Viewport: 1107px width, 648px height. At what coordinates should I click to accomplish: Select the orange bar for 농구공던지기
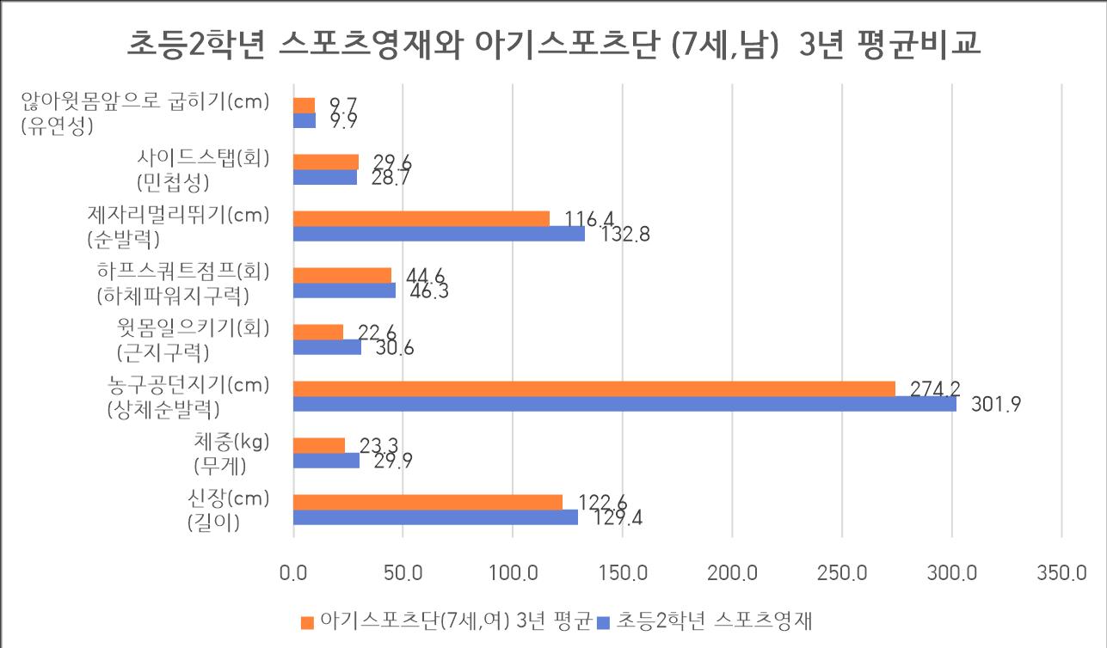(x=593, y=388)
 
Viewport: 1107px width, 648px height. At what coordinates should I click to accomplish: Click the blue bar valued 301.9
(x=624, y=404)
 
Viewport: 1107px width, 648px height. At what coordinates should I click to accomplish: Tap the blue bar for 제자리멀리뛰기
(x=439, y=234)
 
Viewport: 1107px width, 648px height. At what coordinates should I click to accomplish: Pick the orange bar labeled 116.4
(x=421, y=218)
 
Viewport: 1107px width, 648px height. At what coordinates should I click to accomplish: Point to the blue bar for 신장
(x=435, y=517)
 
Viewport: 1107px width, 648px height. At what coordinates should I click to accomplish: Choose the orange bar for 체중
(x=319, y=445)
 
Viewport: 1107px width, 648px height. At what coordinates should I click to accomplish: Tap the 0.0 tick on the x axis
(x=293, y=572)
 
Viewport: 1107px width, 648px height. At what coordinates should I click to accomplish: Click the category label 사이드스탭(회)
(x=203, y=158)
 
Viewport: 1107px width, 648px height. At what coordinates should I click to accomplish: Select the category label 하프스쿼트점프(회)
(x=182, y=272)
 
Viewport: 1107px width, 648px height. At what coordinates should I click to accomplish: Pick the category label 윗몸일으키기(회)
(x=193, y=327)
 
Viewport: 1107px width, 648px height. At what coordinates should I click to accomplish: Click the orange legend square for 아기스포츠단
(x=307, y=621)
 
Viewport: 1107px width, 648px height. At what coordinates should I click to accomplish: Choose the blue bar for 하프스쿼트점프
(x=344, y=290)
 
